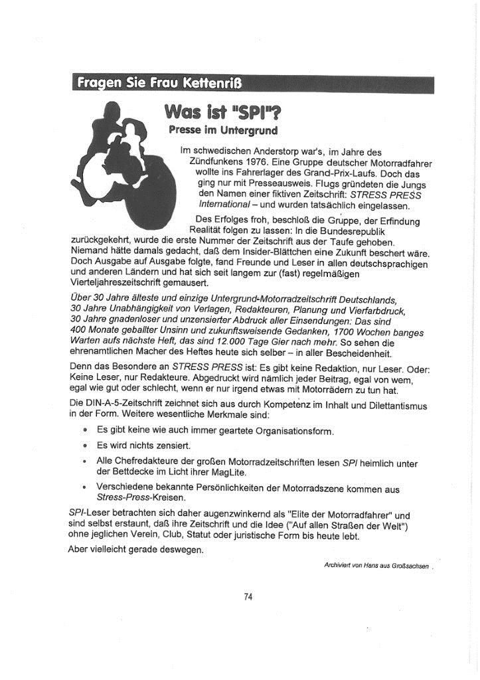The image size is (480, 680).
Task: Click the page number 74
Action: point(248,596)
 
